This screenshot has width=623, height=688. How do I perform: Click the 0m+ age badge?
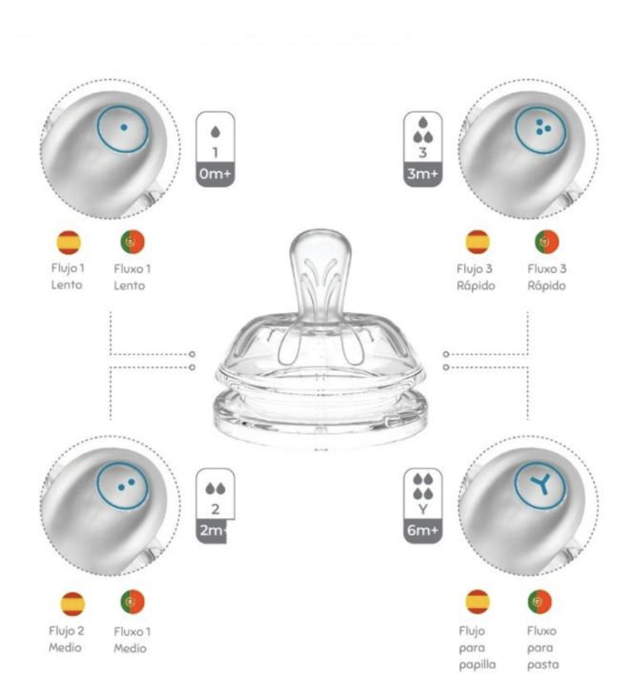215,174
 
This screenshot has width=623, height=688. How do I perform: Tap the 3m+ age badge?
423,174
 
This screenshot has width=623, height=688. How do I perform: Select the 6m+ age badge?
423,531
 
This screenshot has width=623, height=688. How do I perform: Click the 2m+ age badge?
212,531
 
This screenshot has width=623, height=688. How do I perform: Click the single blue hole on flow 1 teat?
124,128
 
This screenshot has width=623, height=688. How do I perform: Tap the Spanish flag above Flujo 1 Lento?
69,242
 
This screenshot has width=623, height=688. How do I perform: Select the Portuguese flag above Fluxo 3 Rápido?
547,242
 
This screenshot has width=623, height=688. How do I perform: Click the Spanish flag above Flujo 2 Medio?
73,603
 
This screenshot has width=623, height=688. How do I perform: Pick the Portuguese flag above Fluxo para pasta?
540,601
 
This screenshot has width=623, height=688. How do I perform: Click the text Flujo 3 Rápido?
475,277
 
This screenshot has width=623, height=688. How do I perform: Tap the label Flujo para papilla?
477,648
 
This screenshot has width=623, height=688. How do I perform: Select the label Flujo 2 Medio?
66,639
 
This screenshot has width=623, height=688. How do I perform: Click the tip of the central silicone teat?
320,231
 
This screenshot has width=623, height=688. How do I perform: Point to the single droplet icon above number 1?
216,131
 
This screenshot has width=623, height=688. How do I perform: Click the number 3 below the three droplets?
423,153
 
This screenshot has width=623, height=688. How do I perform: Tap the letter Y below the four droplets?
423,509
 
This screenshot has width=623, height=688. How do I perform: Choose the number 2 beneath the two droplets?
215,509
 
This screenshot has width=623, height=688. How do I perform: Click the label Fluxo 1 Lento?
132,277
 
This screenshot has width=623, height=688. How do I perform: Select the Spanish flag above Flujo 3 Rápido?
478,242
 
